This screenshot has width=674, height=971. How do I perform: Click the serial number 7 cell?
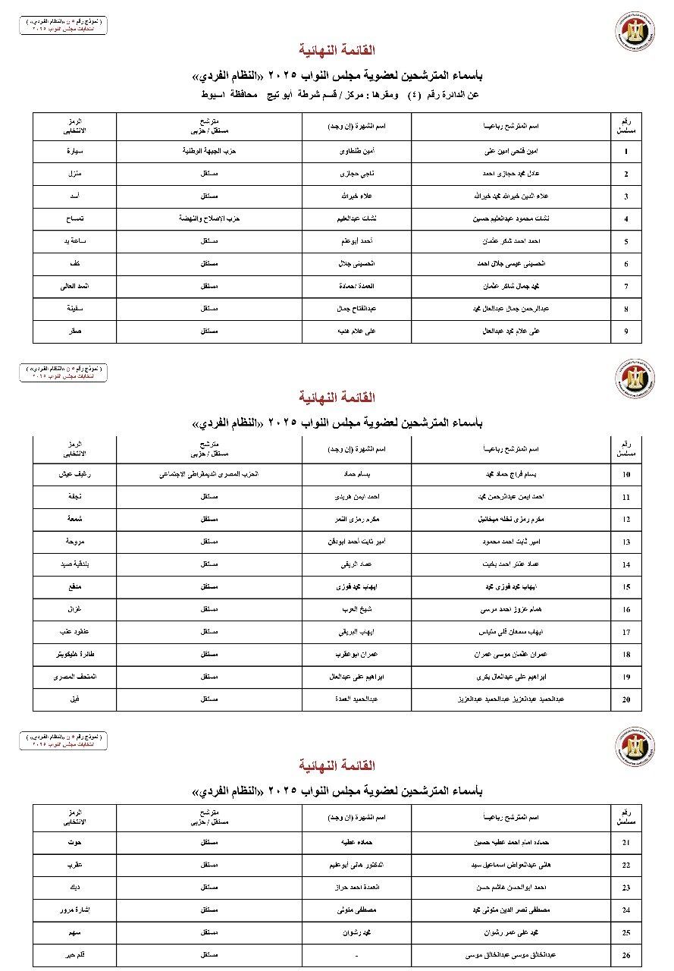pos(626,287)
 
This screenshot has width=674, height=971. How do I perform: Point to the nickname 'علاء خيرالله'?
pos(357,196)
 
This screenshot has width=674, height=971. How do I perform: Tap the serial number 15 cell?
pos(626,587)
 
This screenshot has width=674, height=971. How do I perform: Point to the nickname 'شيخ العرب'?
pos(357,609)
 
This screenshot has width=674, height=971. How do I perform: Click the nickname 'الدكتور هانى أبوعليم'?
pos(357,865)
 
